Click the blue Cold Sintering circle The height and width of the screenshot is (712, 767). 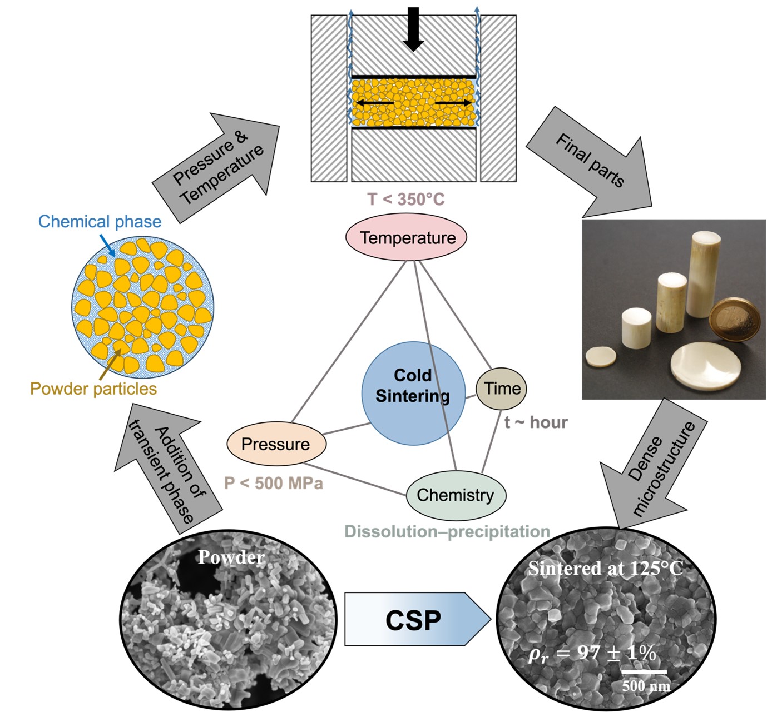point(413,393)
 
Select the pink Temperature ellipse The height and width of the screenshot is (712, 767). point(407,237)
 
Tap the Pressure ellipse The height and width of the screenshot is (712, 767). point(276,444)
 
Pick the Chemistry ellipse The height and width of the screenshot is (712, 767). point(456,495)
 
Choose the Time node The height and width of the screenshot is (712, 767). point(502,388)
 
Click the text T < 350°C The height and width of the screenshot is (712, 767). point(406,199)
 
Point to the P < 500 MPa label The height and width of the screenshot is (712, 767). point(273,483)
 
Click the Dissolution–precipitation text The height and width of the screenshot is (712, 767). point(447,531)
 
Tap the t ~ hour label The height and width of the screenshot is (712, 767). point(536,422)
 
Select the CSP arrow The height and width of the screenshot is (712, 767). point(414,619)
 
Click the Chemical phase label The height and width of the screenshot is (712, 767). point(100,221)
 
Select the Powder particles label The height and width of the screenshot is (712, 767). point(93,388)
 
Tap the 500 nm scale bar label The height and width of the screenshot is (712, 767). point(646,685)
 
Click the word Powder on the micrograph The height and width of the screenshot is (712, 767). point(231,557)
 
